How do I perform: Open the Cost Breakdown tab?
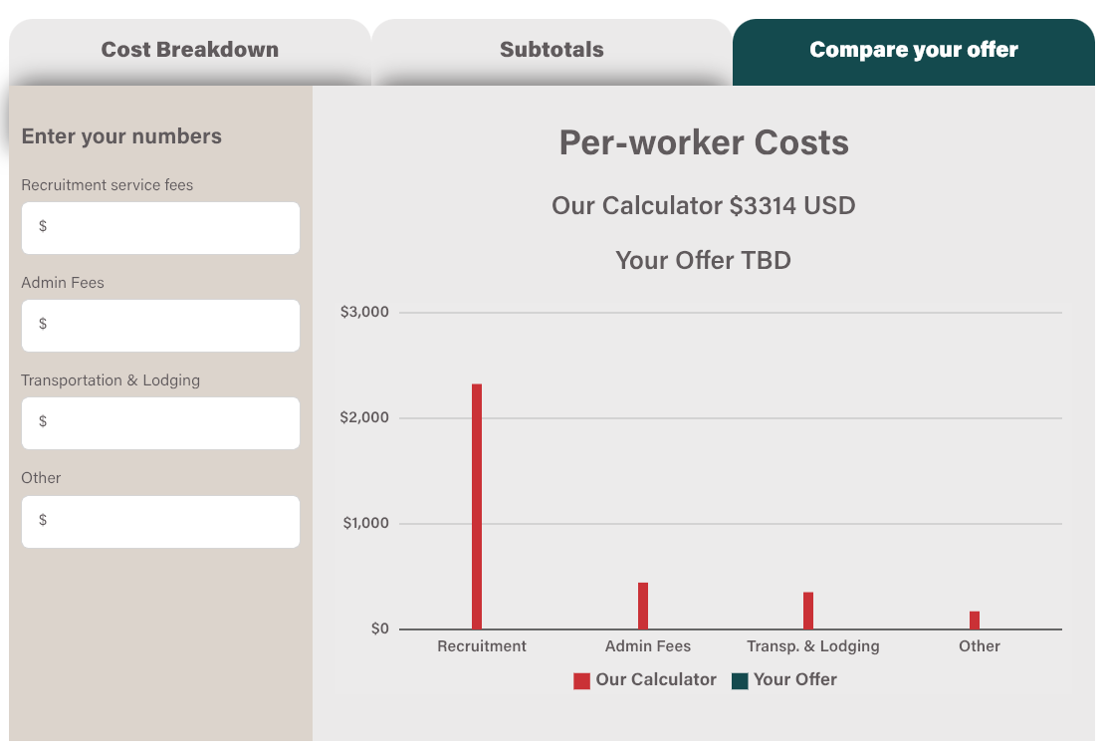(x=189, y=50)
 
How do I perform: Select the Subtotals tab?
(x=552, y=50)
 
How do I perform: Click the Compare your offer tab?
(x=913, y=50)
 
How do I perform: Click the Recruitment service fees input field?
(x=160, y=227)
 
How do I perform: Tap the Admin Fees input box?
(x=160, y=325)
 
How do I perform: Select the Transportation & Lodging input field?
(x=160, y=422)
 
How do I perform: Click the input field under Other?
(x=160, y=521)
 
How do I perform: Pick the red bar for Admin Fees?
(x=643, y=606)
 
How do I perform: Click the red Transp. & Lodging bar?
(x=808, y=611)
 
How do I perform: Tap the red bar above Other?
(x=975, y=620)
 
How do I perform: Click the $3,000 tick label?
(x=364, y=313)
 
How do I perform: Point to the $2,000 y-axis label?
(x=364, y=418)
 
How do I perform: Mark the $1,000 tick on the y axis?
(x=365, y=524)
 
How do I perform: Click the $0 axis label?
(x=379, y=629)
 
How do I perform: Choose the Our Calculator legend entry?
(x=645, y=680)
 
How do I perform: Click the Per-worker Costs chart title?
(x=704, y=142)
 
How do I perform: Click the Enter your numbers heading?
(x=121, y=136)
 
